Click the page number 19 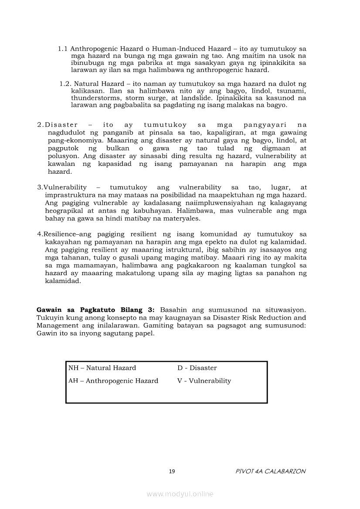pos(172,471)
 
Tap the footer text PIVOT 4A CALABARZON pos(270,471)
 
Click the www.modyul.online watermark pos(180,494)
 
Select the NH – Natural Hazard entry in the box pos(102,368)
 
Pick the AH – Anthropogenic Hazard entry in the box pos(113,381)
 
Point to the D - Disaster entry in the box pos(197,368)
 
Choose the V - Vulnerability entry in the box pos(204,381)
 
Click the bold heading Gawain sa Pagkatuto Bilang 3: pos(95,310)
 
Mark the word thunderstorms pos(91,98)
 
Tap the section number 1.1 pos(63,49)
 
